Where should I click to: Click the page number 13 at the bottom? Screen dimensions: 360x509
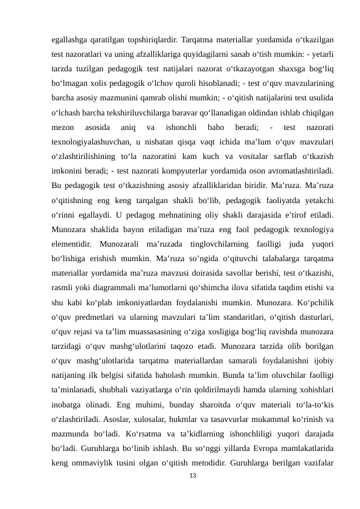tap(193, 477)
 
